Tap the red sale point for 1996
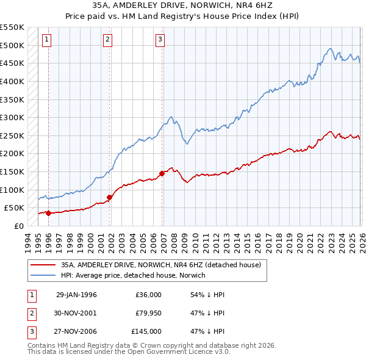pyautogui.click(x=48, y=213)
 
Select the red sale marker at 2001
pyautogui.click(x=110, y=197)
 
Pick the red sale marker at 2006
pyautogui.click(x=162, y=173)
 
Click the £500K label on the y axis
pyautogui.click(x=12, y=45)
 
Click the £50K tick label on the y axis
pyautogui.click(x=13, y=207)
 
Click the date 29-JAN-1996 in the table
pyautogui.click(x=76, y=294)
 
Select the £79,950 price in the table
pyautogui.click(x=146, y=313)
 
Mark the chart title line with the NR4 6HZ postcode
pyautogui.click(x=183, y=7)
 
